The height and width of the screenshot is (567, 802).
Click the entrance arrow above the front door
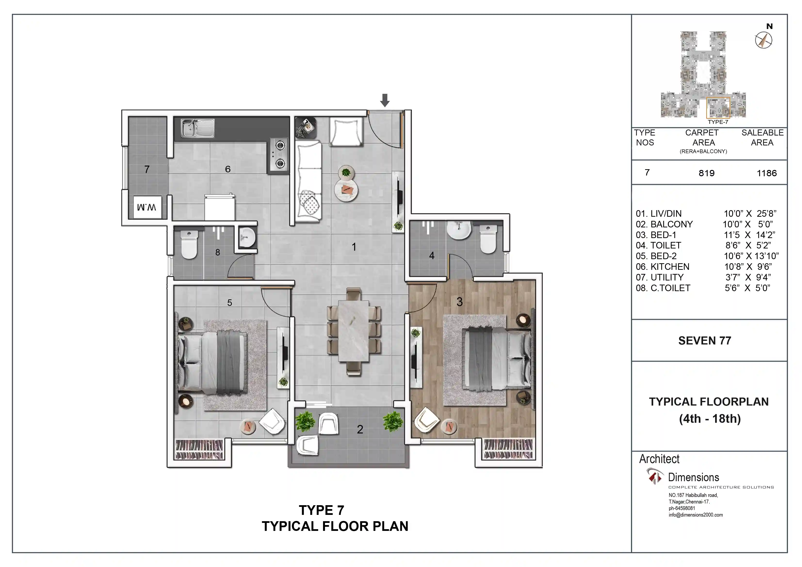click(x=385, y=100)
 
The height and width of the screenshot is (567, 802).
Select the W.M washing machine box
click(x=147, y=208)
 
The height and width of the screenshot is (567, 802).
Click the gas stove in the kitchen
click(x=279, y=154)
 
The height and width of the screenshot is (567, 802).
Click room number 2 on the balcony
click(x=360, y=429)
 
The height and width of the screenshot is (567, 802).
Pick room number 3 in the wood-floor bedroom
click(x=459, y=302)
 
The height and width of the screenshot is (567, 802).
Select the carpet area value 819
click(x=706, y=173)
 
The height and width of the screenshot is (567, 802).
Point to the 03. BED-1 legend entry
click(x=656, y=235)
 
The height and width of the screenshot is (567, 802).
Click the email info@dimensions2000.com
click(x=696, y=515)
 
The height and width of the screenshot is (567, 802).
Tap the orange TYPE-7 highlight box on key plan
click(x=718, y=108)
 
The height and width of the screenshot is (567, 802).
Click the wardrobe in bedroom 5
click(x=199, y=449)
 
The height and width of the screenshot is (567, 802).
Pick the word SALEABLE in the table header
click(x=762, y=133)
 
